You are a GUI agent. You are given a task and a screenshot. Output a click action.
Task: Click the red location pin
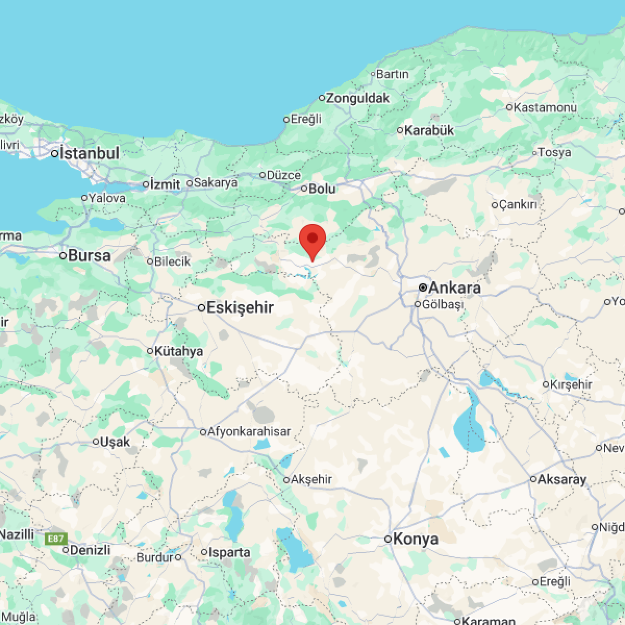312,240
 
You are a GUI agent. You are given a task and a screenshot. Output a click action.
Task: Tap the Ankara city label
454,288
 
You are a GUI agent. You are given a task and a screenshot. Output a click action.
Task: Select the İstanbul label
89,153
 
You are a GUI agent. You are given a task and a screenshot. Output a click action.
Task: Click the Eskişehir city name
240,307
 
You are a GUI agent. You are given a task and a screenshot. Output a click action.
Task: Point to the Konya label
415,539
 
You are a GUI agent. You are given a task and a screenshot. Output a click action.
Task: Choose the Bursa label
89,255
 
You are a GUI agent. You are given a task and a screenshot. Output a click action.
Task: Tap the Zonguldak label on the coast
358,98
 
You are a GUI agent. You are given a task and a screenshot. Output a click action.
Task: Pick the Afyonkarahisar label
249,431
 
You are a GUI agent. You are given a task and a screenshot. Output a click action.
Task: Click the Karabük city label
429,130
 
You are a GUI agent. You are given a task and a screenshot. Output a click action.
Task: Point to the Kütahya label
179,351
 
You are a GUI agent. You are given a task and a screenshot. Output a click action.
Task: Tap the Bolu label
322,189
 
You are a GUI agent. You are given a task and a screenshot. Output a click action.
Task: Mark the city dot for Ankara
423,287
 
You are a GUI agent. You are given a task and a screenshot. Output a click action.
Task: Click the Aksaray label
562,479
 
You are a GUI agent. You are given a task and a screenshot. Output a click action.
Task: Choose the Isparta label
229,552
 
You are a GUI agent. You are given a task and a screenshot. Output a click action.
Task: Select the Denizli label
90,549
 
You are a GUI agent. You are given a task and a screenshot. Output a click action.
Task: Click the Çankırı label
517,205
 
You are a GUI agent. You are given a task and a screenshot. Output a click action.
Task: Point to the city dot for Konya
388,539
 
